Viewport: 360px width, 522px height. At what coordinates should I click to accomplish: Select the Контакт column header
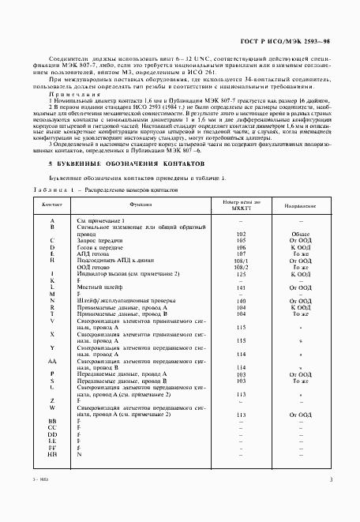pyautogui.click(x=52, y=204)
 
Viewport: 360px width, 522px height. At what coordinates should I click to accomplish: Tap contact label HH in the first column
pyautogui.click(x=52, y=453)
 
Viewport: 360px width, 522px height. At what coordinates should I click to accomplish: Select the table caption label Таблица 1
pyautogui.click(x=49, y=190)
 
